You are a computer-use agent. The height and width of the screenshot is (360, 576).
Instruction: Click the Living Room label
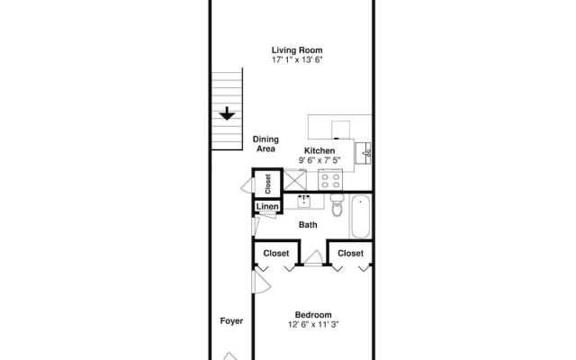[x=297, y=50]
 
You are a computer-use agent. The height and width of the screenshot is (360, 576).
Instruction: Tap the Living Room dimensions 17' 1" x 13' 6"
[x=297, y=60]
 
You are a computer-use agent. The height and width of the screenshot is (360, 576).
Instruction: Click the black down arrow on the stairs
[x=227, y=113]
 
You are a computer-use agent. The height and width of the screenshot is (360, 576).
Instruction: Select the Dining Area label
[x=265, y=144]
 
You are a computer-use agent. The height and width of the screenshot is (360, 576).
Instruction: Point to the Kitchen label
[x=319, y=150]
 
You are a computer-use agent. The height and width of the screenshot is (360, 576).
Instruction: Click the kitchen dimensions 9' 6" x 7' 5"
[x=319, y=160]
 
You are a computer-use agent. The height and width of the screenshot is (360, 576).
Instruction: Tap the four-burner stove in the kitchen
[x=330, y=180]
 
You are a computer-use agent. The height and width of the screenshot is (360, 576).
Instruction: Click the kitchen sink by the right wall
[x=364, y=153]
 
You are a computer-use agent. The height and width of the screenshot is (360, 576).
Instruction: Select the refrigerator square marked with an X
[x=295, y=180]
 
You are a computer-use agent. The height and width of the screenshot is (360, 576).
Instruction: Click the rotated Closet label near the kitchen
[x=268, y=184]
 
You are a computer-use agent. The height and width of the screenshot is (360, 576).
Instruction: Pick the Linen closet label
[x=267, y=206]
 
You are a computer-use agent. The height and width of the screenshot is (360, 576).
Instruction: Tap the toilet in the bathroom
[x=337, y=205]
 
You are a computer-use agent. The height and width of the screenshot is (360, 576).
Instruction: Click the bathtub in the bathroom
[x=360, y=217]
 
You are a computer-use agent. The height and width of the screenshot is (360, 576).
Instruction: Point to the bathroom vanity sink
[x=304, y=202]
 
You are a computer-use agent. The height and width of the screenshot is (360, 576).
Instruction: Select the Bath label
[x=308, y=225]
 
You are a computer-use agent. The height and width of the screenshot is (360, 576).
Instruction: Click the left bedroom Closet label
[x=276, y=254]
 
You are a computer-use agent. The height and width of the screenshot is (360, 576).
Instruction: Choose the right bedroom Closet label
[x=350, y=254]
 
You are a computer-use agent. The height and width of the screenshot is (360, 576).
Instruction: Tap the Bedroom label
[x=313, y=315]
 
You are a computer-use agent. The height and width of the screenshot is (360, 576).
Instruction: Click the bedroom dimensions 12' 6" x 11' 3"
[x=313, y=324]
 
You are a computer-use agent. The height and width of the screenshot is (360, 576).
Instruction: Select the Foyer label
[x=231, y=321]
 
